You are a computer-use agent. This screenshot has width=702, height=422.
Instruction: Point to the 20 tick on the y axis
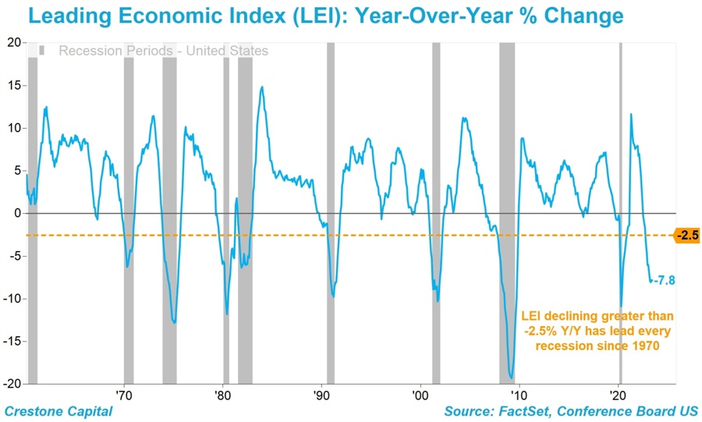point(14,42)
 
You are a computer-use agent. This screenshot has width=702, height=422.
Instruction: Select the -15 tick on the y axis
point(11,341)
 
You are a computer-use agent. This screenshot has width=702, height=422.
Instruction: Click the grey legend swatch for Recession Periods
point(42,51)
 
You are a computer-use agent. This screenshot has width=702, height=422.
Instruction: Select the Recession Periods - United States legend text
point(163,51)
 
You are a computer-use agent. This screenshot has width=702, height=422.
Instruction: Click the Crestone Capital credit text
point(58,411)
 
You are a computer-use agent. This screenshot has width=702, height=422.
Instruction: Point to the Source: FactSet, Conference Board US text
point(572,411)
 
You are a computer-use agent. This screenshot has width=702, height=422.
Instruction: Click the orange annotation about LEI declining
point(597,331)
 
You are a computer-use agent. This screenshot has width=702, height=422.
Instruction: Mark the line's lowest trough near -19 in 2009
point(511,378)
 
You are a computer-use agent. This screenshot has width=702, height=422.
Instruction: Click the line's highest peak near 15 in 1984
point(262,87)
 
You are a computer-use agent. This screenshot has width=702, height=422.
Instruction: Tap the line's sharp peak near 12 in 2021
point(630,115)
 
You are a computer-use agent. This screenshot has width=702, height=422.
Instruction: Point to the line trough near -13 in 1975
point(174,322)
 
